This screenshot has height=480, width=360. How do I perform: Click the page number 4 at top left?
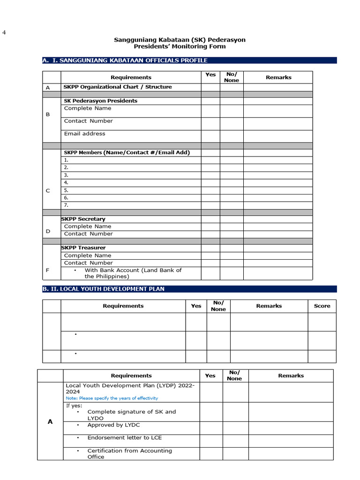(x=4, y=32)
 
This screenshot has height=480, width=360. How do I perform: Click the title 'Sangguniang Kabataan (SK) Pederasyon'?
(x=180, y=40)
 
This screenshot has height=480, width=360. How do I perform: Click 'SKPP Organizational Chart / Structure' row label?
(x=118, y=87)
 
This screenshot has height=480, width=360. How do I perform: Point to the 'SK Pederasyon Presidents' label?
(x=101, y=101)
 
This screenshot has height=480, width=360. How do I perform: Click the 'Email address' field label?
(x=84, y=134)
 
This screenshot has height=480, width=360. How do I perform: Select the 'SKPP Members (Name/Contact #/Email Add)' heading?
(x=127, y=152)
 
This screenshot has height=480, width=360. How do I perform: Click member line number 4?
(x=67, y=182)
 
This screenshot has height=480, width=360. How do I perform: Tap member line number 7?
(x=67, y=205)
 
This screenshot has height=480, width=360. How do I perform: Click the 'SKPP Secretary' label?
(x=83, y=219)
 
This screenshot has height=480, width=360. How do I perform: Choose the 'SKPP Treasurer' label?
(x=83, y=247)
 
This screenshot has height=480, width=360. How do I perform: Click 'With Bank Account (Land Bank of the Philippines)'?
(x=133, y=273)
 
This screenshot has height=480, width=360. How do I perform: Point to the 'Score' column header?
(x=322, y=306)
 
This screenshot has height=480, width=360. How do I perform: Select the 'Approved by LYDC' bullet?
(x=113, y=425)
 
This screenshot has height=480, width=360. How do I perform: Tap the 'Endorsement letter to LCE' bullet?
(x=124, y=438)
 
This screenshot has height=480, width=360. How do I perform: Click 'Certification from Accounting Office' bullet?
(x=129, y=454)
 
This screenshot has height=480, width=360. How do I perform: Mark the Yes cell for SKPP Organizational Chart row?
(x=210, y=87)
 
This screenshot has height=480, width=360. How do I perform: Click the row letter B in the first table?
(x=47, y=114)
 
